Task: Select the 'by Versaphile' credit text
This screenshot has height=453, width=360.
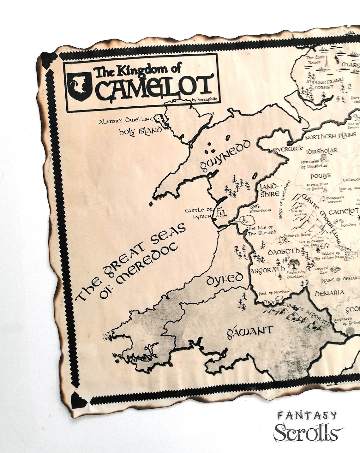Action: tap(206, 100)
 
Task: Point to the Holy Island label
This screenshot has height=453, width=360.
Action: tap(140, 131)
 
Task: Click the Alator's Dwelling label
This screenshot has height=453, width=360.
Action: tap(126, 120)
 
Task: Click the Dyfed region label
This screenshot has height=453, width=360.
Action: tap(225, 278)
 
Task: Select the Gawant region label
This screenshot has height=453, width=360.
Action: tap(249, 332)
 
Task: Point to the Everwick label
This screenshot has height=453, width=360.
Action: tap(288, 149)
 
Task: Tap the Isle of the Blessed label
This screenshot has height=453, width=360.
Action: tap(256, 231)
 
